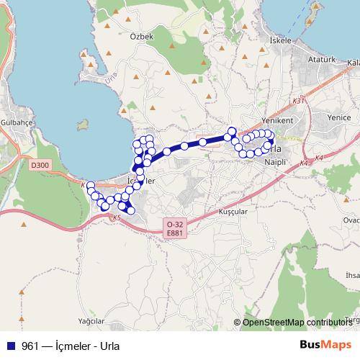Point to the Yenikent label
click(x=276, y=120)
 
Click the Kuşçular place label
click(x=232, y=212)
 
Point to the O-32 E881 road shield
click(x=174, y=229)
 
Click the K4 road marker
click(x=304, y=163)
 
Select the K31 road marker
click(x=300, y=102)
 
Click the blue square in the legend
click(x=9, y=345)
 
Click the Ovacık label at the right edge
click(x=352, y=220)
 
